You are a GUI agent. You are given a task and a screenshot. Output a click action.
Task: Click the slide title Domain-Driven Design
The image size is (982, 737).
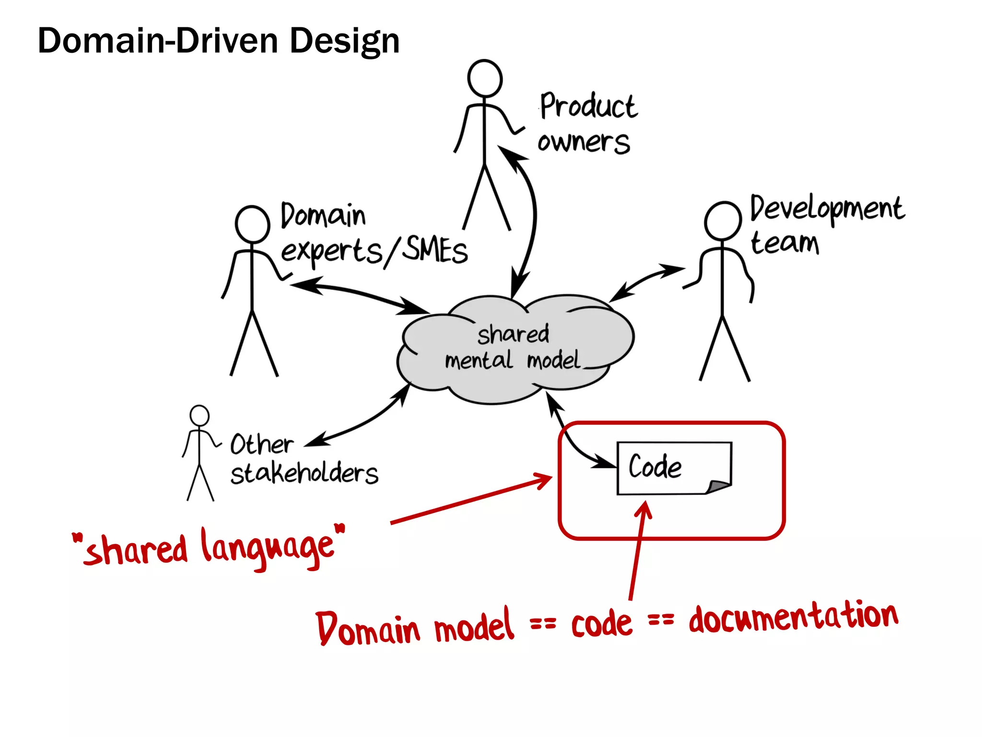[219, 41]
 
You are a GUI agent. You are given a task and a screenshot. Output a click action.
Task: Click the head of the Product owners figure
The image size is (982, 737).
[485, 78]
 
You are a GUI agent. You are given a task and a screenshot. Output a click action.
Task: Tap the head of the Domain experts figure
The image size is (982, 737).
[252, 224]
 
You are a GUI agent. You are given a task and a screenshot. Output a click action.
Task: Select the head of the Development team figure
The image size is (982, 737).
[723, 221]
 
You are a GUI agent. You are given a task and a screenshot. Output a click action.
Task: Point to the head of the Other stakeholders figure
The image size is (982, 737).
[199, 416]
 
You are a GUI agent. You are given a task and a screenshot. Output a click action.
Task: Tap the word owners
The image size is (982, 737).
[584, 142]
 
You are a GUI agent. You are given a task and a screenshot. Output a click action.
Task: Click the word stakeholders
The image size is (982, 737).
[304, 473]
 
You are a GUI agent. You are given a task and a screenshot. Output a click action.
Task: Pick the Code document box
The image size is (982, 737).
[674, 468]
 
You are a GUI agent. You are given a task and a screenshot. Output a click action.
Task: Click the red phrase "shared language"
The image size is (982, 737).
[208, 548]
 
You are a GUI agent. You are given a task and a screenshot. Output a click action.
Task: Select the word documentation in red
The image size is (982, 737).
[793, 618]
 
